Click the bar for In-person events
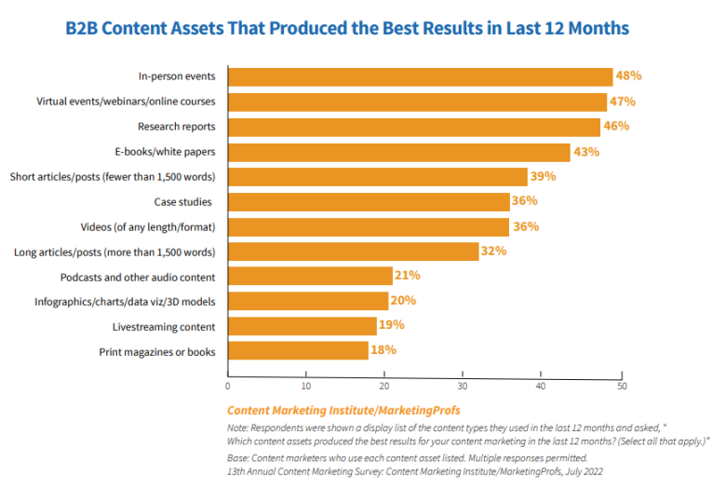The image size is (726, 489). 419,76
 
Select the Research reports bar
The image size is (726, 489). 413,127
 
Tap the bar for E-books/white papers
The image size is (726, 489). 398,152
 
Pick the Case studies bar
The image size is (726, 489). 369,202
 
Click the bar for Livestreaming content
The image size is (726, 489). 302,326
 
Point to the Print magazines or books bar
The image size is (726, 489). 298,351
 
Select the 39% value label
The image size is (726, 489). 544,176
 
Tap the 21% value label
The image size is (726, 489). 408,276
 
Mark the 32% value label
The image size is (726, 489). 494,251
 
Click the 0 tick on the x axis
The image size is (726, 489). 228,385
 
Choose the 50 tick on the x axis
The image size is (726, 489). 622,385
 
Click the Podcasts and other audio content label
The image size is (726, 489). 138,277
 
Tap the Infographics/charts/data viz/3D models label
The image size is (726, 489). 125,302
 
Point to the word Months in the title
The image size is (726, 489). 596,27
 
